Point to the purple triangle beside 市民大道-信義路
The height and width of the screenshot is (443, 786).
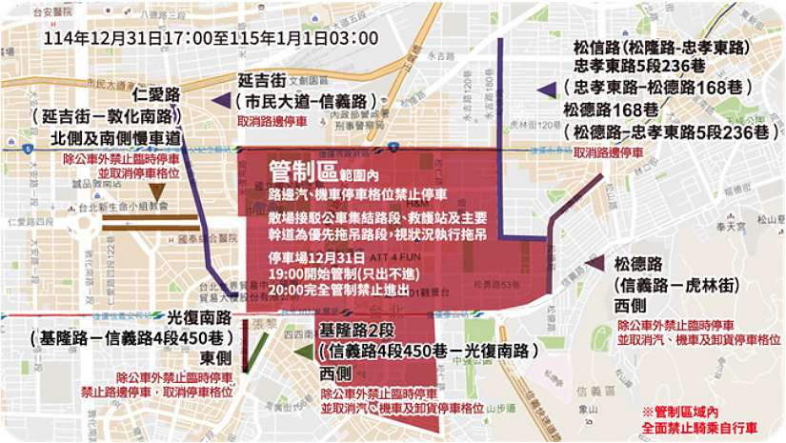(x=221, y=101)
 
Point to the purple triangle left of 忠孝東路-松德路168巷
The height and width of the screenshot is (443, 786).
(x=546, y=90)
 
